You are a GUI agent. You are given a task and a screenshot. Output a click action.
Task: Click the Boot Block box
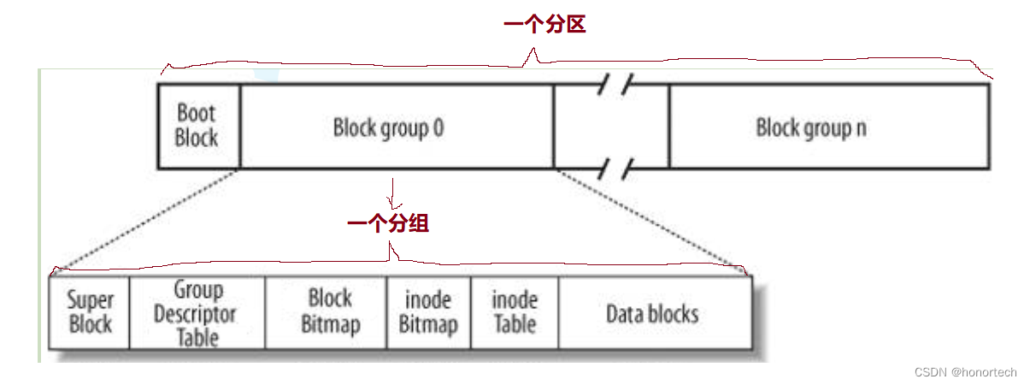click(197, 125)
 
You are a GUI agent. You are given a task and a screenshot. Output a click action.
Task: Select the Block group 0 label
click(388, 128)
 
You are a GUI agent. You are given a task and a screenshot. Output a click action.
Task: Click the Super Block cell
click(90, 312)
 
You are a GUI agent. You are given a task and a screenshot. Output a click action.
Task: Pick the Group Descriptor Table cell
click(197, 313)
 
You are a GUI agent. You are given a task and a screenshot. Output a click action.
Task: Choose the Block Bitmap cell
click(329, 312)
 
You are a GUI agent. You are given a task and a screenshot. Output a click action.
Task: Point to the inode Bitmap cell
click(428, 312)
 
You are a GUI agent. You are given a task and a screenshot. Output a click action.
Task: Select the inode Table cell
click(515, 312)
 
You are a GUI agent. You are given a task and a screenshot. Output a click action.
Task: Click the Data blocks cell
click(652, 313)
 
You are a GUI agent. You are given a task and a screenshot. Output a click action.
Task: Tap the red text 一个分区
click(544, 25)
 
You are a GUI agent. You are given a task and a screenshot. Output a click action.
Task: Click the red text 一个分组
click(388, 224)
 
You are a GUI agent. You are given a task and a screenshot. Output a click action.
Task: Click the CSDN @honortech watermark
click(965, 372)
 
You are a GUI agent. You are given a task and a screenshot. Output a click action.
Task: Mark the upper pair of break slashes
click(615, 83)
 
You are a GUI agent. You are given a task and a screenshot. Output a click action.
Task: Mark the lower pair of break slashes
click(615, 167)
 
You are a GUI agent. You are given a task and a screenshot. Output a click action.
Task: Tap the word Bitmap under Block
click(330, 325)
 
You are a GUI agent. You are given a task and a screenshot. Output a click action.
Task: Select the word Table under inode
click(515, 325)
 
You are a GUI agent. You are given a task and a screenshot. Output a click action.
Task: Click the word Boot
click(197, 112)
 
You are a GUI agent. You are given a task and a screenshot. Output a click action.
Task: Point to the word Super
click(90, 300)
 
